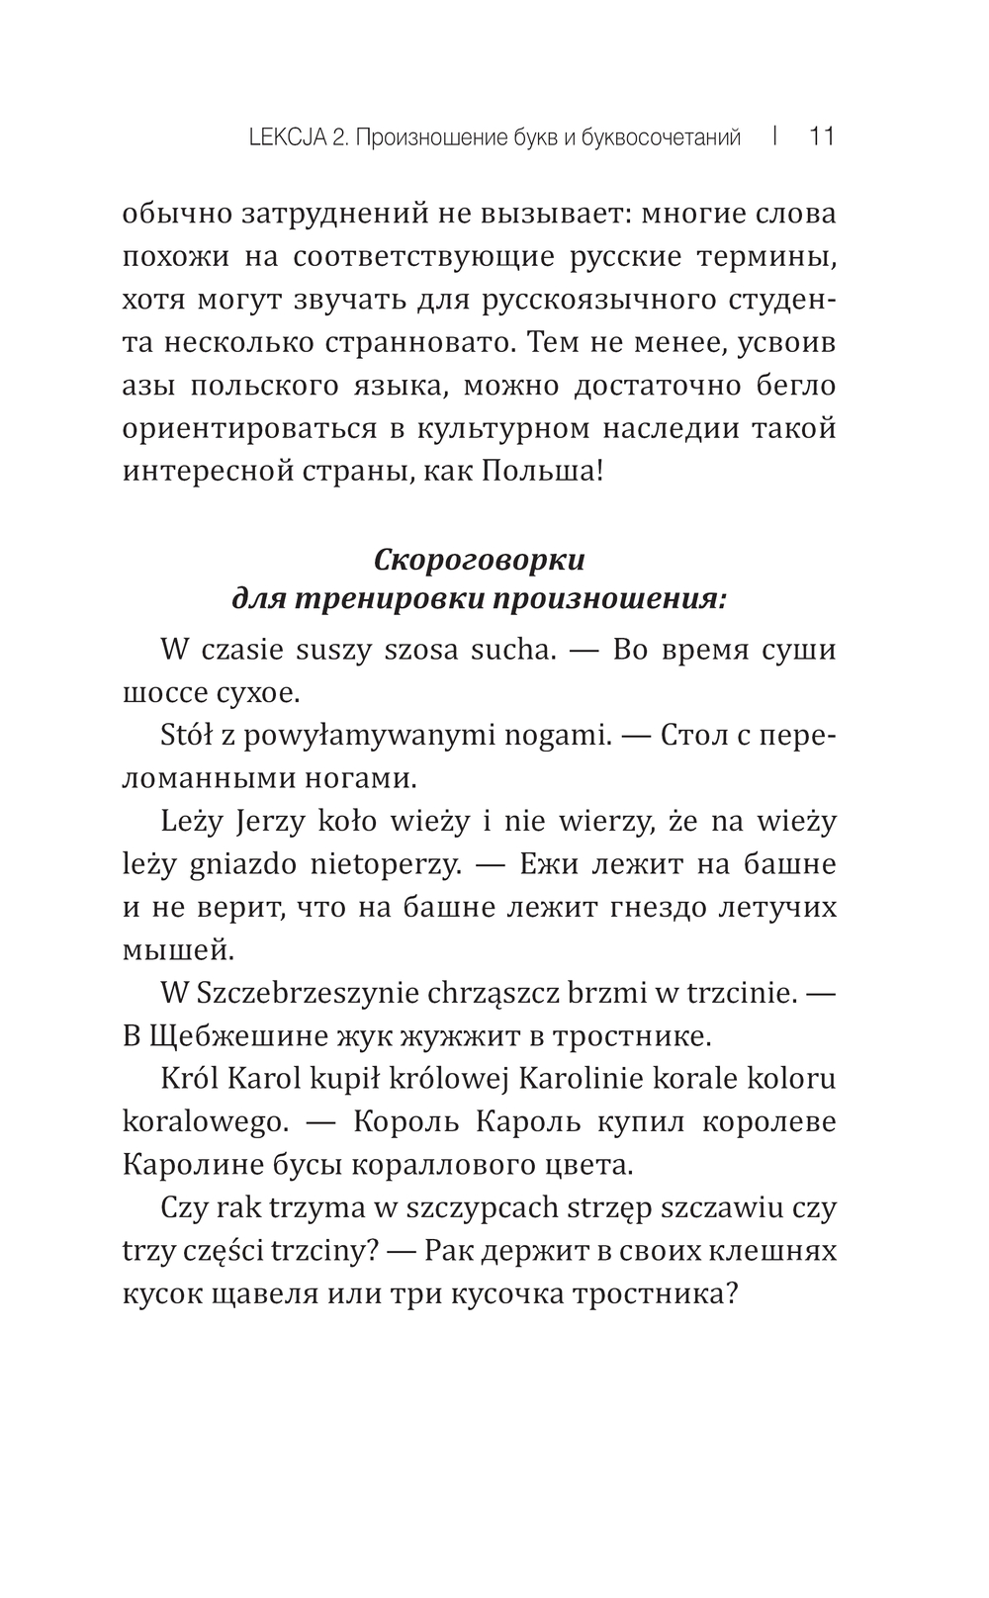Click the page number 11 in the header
(822, 136)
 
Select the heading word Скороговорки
(480, 560)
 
